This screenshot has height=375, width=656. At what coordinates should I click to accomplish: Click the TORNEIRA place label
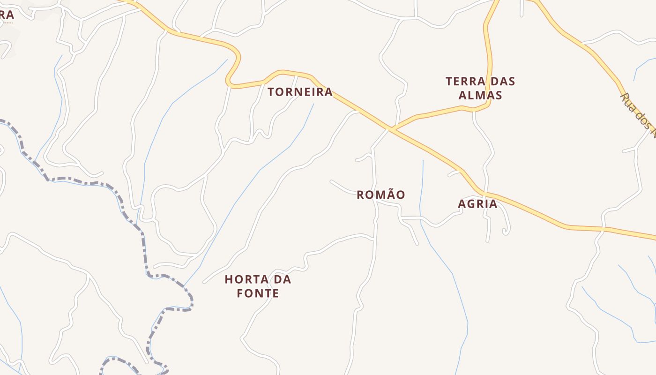tap(300, 92)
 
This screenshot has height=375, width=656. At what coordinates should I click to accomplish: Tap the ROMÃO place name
tap(380, 195)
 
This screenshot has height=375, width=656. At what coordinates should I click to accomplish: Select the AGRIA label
tap(477, 204)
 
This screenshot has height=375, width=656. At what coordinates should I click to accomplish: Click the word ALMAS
tap(480, 95)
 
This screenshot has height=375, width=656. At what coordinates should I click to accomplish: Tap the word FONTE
tap(258, 294)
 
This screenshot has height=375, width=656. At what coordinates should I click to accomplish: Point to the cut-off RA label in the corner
tap(7, 15)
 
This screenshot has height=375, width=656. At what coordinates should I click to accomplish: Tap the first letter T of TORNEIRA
tap(271, 92)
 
